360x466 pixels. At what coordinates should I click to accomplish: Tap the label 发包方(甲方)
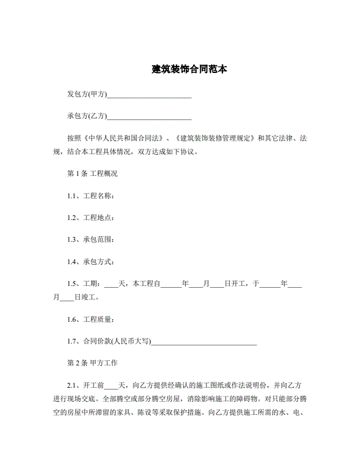point(87,94)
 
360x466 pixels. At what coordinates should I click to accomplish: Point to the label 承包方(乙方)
point(87,115)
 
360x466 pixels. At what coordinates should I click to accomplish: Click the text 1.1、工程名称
point(91,195)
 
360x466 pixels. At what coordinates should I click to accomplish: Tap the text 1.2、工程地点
point(91,217)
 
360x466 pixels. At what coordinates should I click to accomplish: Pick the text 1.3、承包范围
point(91,239)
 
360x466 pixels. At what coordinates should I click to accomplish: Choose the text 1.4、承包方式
point(91,261)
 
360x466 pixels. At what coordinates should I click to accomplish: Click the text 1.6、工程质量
point(91,319)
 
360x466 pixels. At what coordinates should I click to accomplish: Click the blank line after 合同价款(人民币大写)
point(204,341)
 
